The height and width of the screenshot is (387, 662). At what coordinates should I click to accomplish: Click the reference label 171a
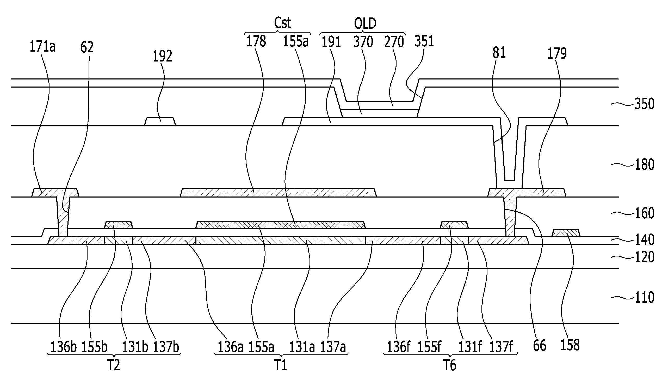(x=42, y=47)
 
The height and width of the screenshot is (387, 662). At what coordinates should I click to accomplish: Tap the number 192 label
(x=163, y=56)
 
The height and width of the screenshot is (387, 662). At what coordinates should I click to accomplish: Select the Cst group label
(x=283, y=23)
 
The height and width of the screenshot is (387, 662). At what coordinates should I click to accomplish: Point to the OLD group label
(x=365, y=23)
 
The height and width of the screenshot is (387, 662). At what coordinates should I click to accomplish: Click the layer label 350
(x=644, y=104)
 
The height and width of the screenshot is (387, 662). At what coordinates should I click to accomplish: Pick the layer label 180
(x=644, y=165)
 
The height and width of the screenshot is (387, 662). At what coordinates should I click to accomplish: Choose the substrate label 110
(x=644, y=298)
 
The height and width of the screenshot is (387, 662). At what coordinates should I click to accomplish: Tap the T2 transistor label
(x=114, y=365)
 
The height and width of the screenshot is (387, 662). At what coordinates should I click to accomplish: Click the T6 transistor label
(x=450, y=365)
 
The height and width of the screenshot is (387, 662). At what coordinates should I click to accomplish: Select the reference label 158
(x=570, y=345)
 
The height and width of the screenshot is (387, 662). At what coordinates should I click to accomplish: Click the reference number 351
(x=424, y=41)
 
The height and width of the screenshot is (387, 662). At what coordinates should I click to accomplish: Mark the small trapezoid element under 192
(x=160, y=122)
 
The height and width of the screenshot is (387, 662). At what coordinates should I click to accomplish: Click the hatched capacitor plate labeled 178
(x=279, y=193)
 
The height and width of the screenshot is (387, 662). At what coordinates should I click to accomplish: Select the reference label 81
(x=499, y=53)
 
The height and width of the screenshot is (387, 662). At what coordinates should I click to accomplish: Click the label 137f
(x=501, y=347)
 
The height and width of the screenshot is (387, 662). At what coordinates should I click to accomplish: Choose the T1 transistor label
(x=281, y=365)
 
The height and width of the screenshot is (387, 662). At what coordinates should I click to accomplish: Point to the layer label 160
(x=644, y=213)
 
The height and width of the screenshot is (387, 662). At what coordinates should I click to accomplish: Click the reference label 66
(x=540, y=346)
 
